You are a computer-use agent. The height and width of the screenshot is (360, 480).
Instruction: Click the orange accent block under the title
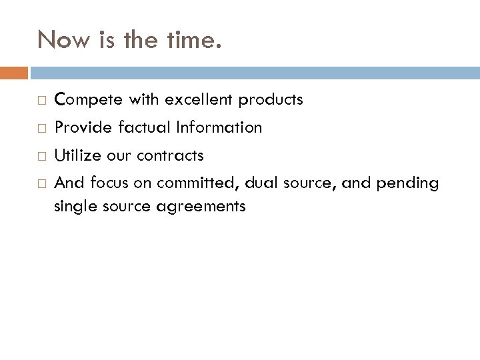(14, 71)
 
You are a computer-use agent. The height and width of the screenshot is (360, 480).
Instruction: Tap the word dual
(268, 183)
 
